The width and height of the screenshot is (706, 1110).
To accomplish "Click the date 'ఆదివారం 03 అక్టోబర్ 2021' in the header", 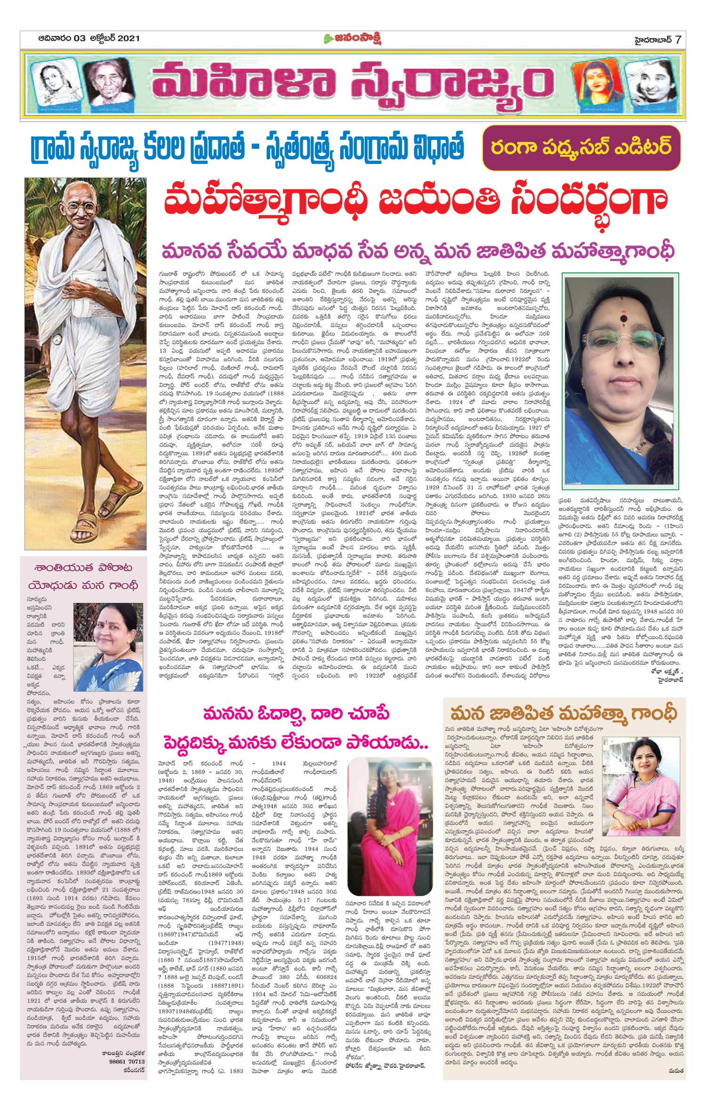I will [x=89, y=39].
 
